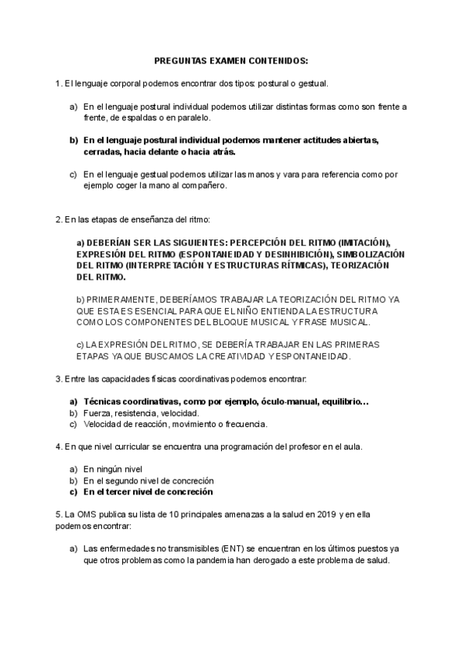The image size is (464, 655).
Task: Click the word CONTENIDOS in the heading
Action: (x=276, y=60)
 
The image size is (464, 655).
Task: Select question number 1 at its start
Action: (x=59, y=83)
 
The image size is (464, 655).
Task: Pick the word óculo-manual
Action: (x=290, y=402)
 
